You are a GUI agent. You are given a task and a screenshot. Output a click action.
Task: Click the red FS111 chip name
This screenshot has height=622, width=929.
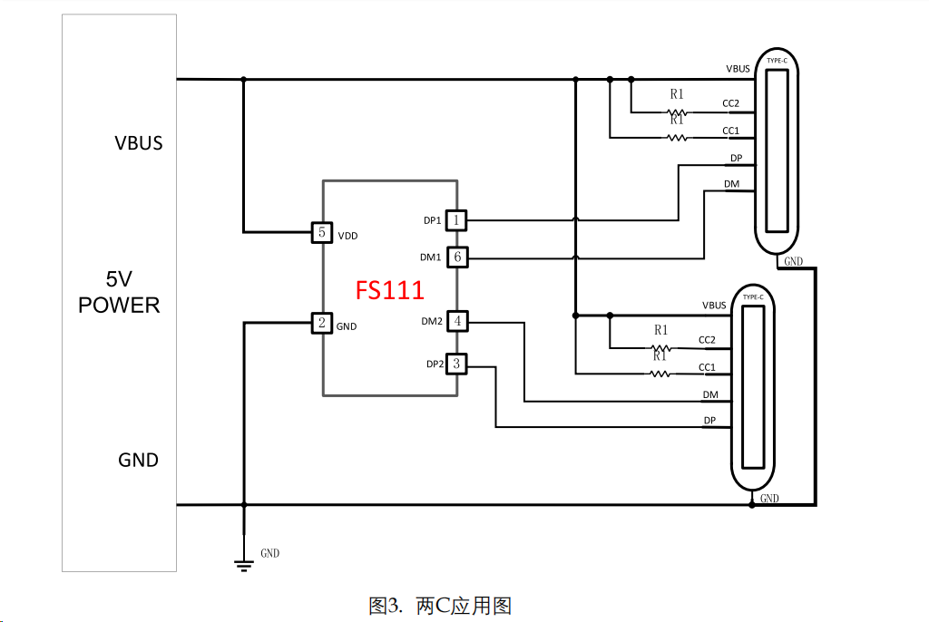[389, 290]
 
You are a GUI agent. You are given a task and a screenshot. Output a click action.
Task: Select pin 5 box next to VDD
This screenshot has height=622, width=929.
[321, 232]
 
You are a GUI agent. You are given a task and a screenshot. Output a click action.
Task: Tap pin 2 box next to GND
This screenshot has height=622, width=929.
[321, 323]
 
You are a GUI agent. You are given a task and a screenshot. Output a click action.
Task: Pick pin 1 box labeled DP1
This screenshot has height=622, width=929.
[457, 219]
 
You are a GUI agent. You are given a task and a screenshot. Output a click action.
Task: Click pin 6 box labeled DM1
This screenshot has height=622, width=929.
[457, 258]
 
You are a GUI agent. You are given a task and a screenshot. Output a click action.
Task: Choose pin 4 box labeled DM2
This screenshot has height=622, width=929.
[457, 321]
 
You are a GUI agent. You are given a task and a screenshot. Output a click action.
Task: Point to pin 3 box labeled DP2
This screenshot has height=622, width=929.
[457, 364]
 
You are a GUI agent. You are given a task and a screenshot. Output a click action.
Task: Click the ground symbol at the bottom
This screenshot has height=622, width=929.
[243, 565]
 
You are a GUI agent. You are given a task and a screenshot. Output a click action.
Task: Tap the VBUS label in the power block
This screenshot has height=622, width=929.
[139, 143]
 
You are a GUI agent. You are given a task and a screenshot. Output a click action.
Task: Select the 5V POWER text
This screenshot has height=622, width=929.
[119, 292]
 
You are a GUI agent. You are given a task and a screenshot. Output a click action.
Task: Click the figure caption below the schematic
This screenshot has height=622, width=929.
[445, 605]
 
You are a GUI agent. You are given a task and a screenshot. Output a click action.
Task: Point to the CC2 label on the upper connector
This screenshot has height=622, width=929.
[730, 103]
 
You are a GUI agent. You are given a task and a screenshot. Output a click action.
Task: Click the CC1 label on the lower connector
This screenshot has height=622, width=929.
[707, 367]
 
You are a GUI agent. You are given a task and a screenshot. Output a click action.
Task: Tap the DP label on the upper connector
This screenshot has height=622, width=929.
[736, 159]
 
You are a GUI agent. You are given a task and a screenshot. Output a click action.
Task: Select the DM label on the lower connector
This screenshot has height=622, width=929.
[710, 394]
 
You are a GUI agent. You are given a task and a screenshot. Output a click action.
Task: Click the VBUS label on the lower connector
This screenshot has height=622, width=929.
[714, 306]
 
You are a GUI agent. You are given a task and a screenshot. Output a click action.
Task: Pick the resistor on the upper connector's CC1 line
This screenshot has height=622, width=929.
[677, 138]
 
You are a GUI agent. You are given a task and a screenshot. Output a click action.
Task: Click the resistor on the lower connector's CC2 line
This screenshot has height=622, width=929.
[661, 348]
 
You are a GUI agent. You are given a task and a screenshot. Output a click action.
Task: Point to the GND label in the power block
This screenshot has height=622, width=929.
[138, 461]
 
